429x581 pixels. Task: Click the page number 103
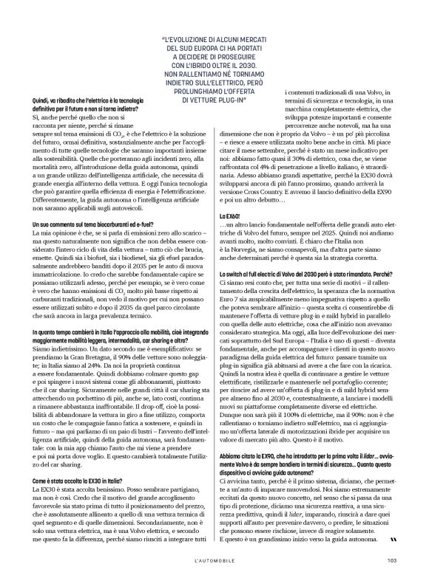[x=391, y=560]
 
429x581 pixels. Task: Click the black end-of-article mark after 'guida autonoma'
[x=392, y=540]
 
